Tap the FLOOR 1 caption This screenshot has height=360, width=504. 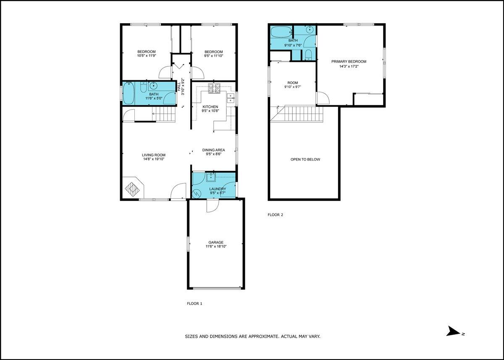(x=194, y=304)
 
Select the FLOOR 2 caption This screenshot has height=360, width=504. (x=275, y=215)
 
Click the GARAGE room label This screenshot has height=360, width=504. (x=216, y=242)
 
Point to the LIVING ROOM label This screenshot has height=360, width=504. (x=154, y=155)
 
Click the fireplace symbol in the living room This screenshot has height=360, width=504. (x=132, y=189)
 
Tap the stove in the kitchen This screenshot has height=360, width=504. (x=214, y=88)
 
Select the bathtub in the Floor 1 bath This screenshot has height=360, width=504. (x=129, y=93)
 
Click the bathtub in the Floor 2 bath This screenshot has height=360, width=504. (x=281, y=32)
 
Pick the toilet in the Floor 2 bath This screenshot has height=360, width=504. (x=308, y=55)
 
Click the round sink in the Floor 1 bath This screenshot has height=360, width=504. (x=154, y=86)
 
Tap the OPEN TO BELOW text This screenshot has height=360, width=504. (x=305, y=160)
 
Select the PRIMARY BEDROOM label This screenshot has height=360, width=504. (x=349, y=61)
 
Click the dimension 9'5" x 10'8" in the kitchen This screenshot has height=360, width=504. (x=210, y=111)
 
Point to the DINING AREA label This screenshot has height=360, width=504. (x=213, y=150)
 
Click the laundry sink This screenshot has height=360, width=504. (x=211, y=177)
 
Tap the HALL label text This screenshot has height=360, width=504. (x=179, y=87)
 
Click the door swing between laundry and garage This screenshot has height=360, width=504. (x=213, y=206)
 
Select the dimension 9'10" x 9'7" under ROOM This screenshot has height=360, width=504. (x=292, y=87)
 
